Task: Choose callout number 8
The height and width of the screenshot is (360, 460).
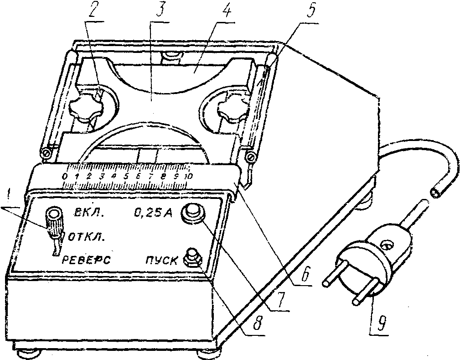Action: click(257, 322)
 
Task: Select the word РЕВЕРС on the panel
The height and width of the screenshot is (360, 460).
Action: click(86, 260)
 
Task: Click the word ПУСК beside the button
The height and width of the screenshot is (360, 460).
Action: click(162, 261)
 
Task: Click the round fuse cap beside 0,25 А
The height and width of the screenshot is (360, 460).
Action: click(193, 213)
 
